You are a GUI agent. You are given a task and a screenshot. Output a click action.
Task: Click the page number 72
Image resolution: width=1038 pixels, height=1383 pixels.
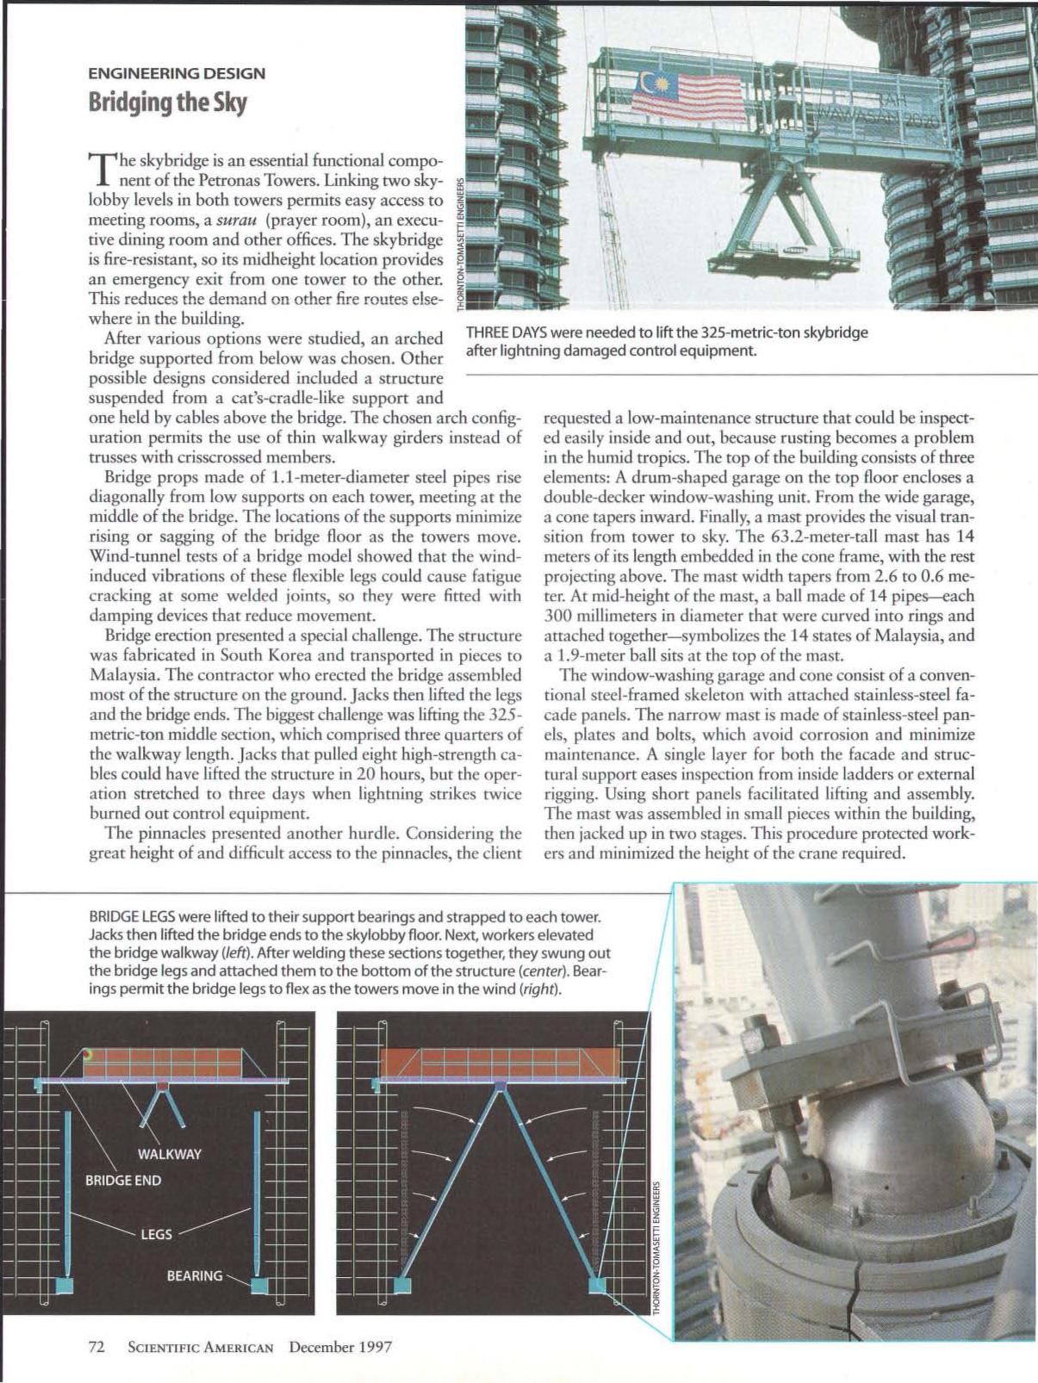coord(97,1347)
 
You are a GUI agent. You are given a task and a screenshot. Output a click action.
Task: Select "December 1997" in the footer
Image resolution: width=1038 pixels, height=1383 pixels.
coord(340,1347)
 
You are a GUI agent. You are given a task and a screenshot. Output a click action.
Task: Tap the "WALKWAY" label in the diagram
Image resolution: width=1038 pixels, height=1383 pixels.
coord(169,1154)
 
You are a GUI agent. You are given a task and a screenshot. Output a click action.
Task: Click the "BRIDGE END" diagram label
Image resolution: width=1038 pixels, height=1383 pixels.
coord(122,1180)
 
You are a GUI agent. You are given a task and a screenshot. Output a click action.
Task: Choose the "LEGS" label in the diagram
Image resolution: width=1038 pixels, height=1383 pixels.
coord(156,1234)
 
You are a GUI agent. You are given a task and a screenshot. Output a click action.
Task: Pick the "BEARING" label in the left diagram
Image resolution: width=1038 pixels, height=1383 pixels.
coord(194,1275)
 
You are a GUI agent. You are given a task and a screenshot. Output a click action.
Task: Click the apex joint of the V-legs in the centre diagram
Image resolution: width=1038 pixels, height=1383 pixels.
coord(500,1088)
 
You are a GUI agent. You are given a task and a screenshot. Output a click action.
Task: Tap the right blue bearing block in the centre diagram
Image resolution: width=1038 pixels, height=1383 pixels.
coord(597,1285)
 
